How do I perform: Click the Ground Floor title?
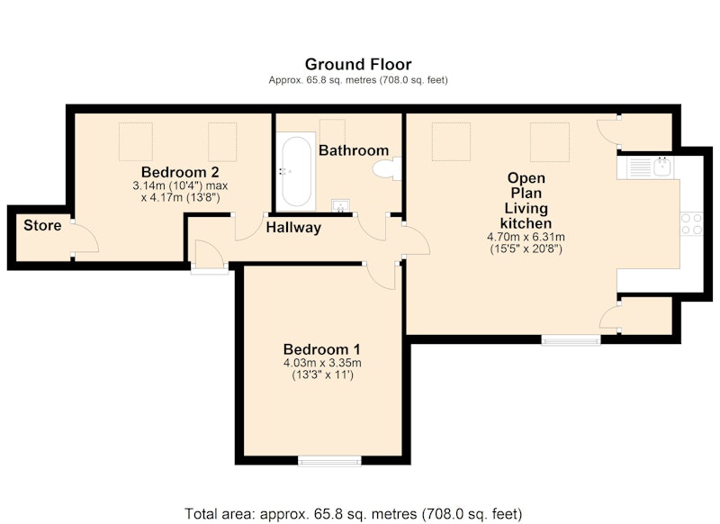(358, 64)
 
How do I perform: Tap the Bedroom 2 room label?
(180, 172)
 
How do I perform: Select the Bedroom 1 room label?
(322, 349)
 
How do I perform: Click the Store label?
(42, 225)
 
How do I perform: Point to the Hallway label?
(293, 228)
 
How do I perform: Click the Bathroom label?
(354, 150)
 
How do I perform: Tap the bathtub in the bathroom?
(296, 172)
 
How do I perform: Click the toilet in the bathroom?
(387, 169)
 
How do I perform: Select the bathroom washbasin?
(340, 206)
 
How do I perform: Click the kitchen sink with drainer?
(645, 167)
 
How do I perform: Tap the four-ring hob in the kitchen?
(691, 224)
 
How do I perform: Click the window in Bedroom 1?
(329, 461)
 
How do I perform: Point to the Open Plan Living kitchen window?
(571, 339)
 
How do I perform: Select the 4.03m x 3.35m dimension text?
(322, 363)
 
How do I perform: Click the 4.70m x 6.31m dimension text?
(526, 238)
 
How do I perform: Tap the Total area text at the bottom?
(353, 513)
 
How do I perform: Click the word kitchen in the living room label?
(526, 223)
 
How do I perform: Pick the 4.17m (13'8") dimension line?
(180, 198)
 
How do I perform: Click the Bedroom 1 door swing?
(381, 277)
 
